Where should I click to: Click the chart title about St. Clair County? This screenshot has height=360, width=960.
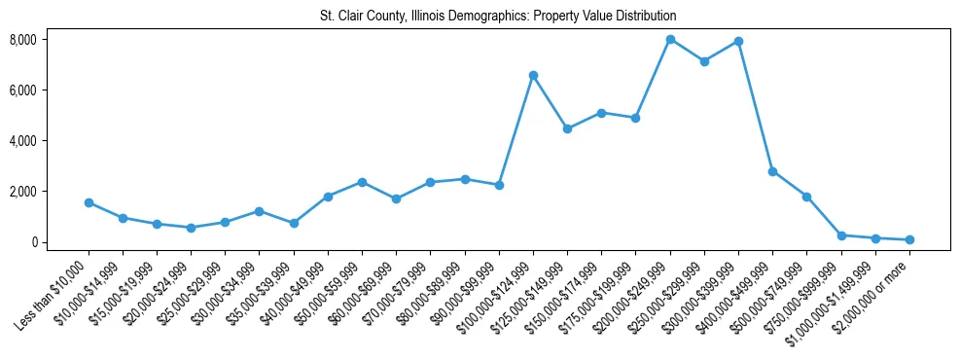coord(498,17)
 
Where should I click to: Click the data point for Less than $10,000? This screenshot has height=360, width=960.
coord(89,202)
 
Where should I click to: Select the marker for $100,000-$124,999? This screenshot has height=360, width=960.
coord(533,75)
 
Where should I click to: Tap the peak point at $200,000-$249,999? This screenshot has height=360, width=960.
coord(670,39)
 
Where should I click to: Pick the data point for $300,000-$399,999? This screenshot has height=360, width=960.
coord(738,41)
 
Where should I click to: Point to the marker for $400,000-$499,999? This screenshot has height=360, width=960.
coord(772,171)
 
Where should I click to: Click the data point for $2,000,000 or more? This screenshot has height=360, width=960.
coord(909,239)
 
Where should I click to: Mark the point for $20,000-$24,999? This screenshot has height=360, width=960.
coord(191,228)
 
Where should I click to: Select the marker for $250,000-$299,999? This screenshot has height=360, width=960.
coord(704,61)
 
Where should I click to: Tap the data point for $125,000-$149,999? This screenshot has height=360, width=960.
coord(567,128)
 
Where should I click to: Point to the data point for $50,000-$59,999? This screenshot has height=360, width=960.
coord(362,182)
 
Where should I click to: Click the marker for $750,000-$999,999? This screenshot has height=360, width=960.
coord(841,235)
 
